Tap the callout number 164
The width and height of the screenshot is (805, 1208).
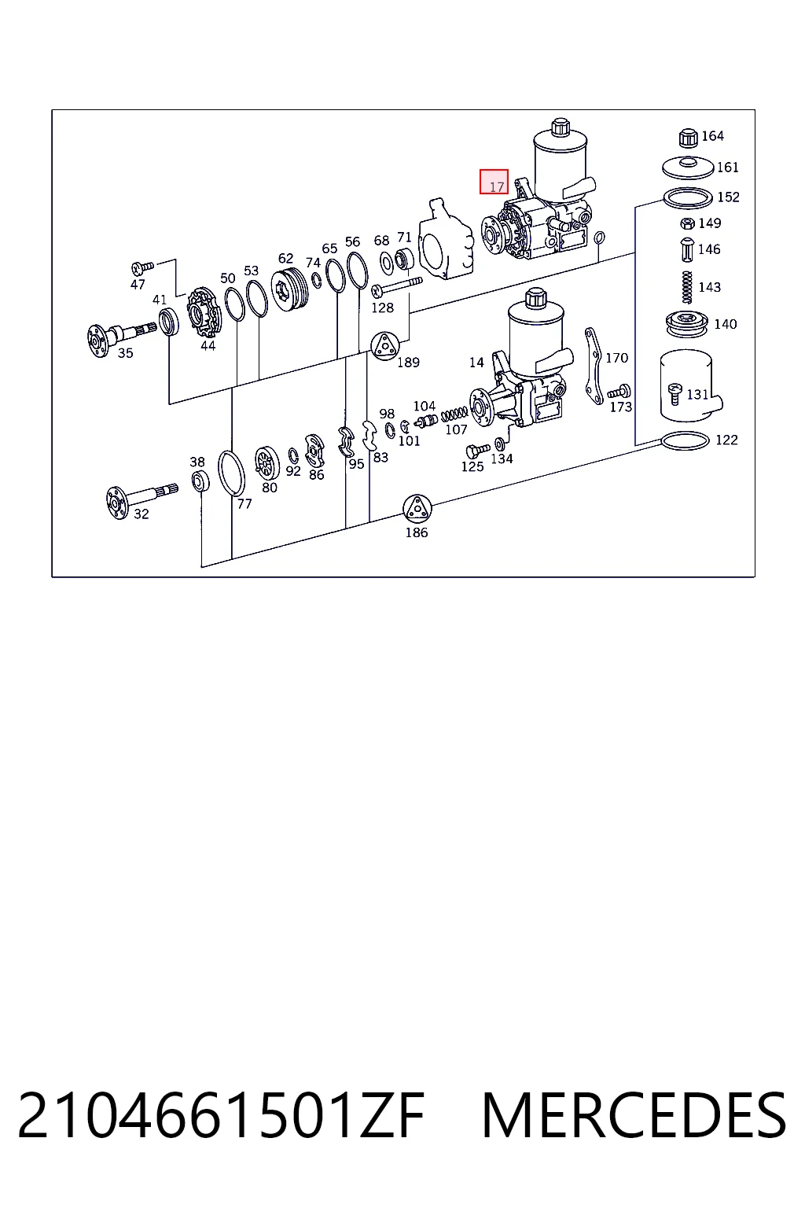(x=712, y=135)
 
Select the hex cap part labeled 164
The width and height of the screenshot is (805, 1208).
(x=688, y=138)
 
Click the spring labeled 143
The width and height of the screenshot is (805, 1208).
(x=687, y=287)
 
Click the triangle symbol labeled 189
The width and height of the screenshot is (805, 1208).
(x=385, y=346)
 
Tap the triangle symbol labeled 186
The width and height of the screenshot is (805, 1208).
(x=417, y=509)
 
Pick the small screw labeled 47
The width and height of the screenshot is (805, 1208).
(x=142, y=267)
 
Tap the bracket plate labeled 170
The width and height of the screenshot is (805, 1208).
(x=593, y=366)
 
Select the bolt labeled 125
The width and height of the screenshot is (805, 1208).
(x=477, y=451)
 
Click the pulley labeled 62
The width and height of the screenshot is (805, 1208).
(x=291, y=289)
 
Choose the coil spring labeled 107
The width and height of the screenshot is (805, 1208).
(x=454, y=414)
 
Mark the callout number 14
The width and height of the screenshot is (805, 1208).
(x=476, y=363)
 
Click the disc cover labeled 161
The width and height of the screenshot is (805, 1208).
(x=688, y=168)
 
